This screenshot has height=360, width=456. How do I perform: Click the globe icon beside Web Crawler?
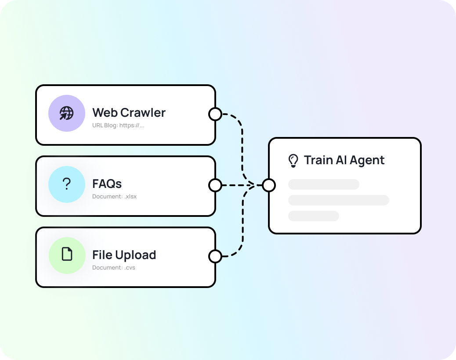[x=66, y=113]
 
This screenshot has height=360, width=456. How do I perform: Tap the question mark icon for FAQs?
[x=66, y=184]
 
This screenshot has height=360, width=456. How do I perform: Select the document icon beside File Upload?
[x=67, y=254]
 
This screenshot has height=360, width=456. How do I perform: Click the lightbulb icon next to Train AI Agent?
[x=293, y=161]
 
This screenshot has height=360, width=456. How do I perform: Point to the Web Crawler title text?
[x=129, y=113]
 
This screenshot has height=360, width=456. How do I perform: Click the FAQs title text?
[x=107, y=184]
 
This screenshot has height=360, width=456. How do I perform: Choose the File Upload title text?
[x=124, y=255]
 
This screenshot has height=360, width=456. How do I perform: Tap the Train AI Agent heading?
[x=344, y=160]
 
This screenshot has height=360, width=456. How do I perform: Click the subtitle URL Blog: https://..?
[x=118, y=125]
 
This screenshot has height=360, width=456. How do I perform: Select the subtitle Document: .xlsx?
[x=114, y=196]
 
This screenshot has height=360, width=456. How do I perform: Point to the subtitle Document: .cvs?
[x=113, y=267]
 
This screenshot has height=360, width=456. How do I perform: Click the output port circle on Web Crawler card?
[x=215, y=114]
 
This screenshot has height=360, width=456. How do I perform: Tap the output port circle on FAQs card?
[x=215, y=185]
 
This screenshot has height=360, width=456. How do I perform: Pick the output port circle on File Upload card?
[x=215, y=256]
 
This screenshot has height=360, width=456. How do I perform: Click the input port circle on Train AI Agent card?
[x=269, y=185]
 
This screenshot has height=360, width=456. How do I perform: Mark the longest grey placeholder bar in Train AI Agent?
[x=338, y=200]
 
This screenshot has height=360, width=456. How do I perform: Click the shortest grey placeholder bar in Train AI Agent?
[x=313, y=216]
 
